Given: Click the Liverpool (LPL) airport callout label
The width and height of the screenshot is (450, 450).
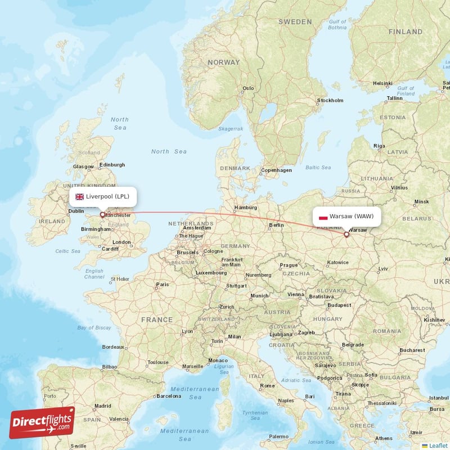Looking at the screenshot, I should point(103,196).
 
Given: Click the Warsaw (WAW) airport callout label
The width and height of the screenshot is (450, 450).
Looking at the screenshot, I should point(346,216).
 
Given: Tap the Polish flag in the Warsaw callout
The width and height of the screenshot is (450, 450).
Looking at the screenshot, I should point(323,217).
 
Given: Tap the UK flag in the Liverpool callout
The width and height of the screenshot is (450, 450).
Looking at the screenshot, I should point(79,196).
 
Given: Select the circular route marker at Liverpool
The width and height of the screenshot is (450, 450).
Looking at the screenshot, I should point(102,214).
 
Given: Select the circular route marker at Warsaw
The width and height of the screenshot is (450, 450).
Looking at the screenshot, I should point(346,235).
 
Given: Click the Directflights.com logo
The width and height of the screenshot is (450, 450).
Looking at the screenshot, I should point(42,422).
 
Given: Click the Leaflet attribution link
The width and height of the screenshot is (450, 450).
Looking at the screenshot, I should point(438,445).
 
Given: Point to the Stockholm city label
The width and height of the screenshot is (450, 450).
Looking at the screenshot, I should point(330,101).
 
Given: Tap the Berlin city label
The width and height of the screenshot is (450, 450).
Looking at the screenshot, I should point(276,225).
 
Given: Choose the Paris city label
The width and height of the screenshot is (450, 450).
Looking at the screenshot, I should point(162,285).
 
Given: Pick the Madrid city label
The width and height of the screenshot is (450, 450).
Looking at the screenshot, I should point(102,406).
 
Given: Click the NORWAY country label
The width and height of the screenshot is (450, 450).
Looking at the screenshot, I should point(223,62).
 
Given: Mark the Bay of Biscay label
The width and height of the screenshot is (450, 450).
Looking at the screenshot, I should point(94,328).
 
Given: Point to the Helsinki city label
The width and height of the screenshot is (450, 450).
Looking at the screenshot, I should point(382,84).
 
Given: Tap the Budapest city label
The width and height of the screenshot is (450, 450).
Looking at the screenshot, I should point(340,305).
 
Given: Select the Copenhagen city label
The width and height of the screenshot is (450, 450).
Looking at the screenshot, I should point(276,170).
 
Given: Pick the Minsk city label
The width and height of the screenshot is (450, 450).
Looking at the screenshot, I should point(421,201).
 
